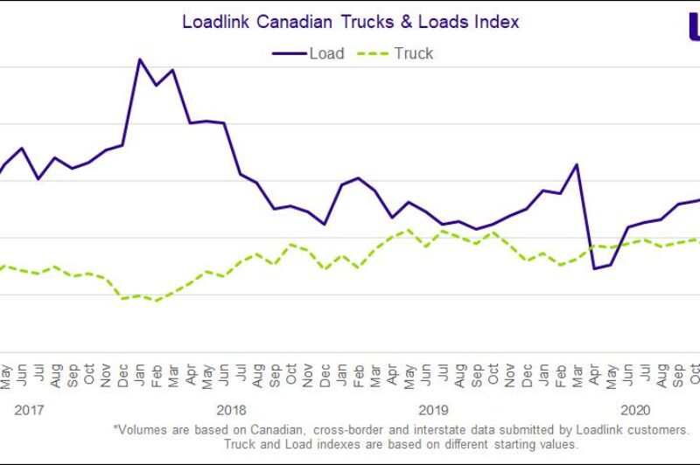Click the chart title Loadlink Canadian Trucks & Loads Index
pos(350,22)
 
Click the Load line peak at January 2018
pos(139,59)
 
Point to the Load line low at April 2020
pos(594,268)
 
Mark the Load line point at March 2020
pos(577,164)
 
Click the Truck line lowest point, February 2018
pos(156,301)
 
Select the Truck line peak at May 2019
pos(409,230)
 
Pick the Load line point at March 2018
pos(172,70)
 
